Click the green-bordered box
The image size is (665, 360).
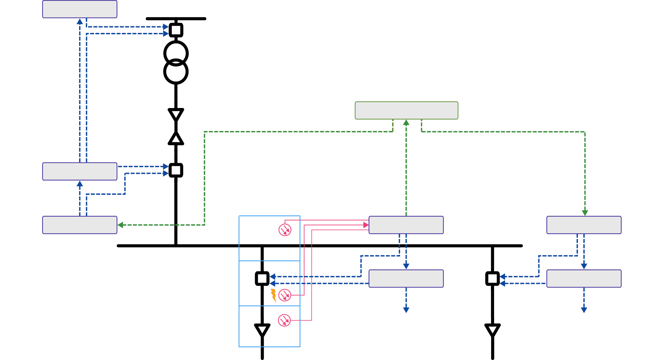(x=406, y=110)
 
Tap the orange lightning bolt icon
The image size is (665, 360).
(x=273, y=295)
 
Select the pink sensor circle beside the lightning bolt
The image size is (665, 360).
(x=285, y=295)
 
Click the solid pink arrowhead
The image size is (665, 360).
(x=366, y=225)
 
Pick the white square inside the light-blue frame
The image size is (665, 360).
(x=262, y=279)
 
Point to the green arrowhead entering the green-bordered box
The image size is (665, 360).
(x=406, y=123)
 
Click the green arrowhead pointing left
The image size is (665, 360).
(x=120, y=225)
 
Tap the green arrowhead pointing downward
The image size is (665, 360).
(x=585, y=213)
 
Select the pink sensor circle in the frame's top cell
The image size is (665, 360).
(x=285, y=230)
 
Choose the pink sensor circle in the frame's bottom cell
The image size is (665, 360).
(x=284, y=320)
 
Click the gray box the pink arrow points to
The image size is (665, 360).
(x=406, y=225)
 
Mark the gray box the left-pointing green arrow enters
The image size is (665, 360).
(x=80, y=225)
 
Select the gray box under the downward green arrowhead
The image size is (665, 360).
(x=584, y=225)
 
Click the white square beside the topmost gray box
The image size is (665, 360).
(x=176, y=30)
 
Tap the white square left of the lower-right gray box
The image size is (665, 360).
(x=492, y=279)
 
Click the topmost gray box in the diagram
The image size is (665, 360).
(x=80, y=9)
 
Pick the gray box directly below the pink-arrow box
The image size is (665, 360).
(x=406, y=279)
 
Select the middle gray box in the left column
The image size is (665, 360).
(x=80, y=172)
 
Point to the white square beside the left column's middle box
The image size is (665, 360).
(x=176, y=171)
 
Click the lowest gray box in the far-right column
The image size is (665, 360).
(x=584, y=279)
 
